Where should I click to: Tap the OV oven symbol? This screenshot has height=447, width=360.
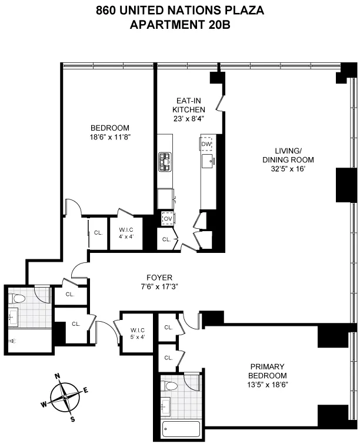(168, 218)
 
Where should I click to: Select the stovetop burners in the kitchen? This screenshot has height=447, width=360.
(164, 161)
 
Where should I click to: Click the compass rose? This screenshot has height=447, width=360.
(66, 396)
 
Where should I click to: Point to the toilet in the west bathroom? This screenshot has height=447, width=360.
(18, 298)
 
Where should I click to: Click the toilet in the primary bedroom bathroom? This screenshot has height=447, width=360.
(171, 386)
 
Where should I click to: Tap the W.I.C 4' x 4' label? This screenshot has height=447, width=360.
(127, 233)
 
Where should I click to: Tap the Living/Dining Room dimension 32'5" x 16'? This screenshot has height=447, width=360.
(288, 169)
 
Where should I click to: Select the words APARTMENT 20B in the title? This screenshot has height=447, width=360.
(180, 24)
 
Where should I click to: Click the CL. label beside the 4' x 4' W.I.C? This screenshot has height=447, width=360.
(98, 232)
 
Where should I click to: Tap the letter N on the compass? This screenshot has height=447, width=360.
(57, 376)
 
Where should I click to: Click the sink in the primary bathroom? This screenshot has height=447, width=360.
(165, 405)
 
